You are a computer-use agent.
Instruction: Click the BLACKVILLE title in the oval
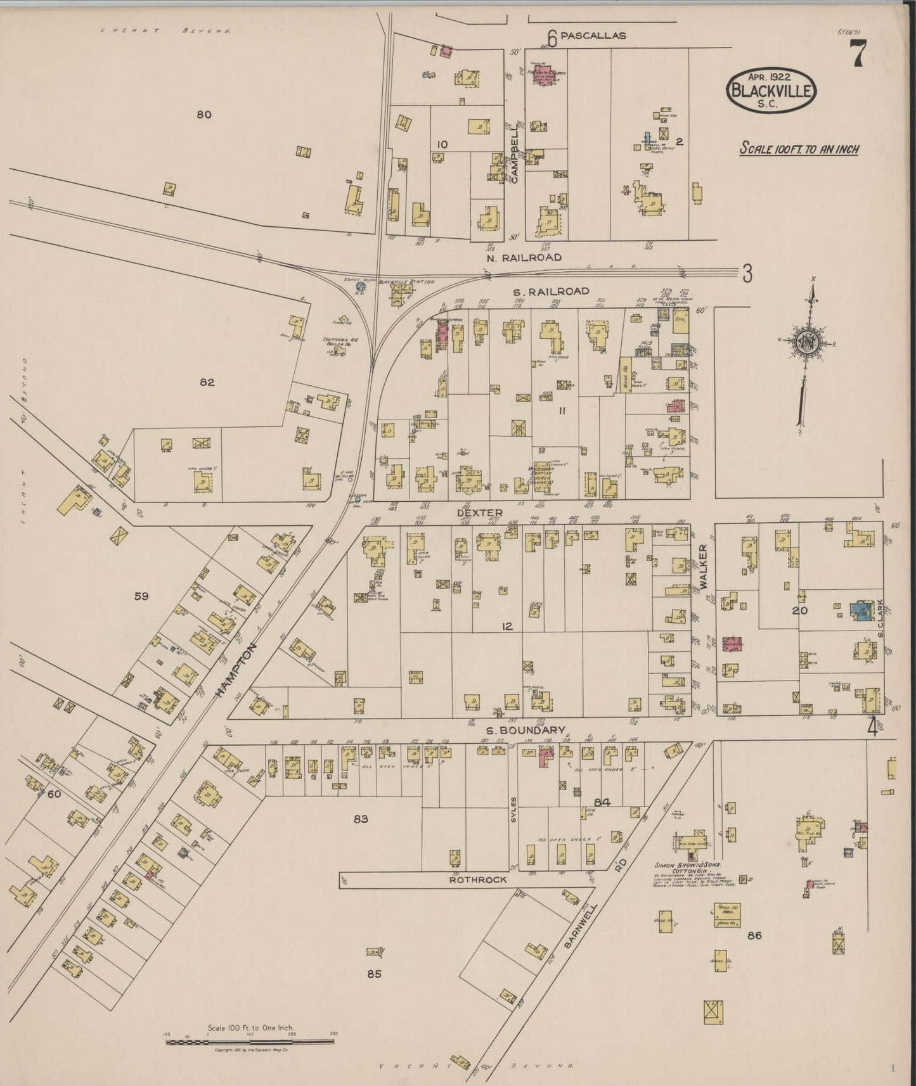tap(771, 91)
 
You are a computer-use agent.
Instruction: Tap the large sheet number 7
tap(858, 53)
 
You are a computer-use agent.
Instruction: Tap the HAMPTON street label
tap(236, 670)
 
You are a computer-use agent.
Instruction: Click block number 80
tap(203, 115)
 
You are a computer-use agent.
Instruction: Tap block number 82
tap(207, 382)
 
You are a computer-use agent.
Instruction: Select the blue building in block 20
tap(861, 610)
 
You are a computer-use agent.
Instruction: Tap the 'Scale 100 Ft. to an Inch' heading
tap(799, 149)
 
